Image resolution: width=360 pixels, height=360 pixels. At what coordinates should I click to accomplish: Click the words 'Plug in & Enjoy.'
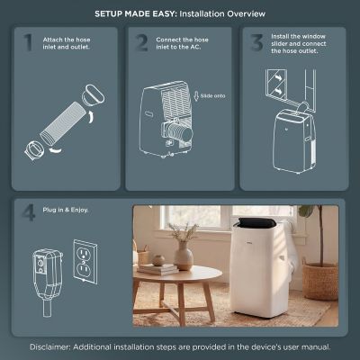pos(62,211)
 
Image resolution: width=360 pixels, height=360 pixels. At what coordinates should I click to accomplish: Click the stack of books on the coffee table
pos(157,267)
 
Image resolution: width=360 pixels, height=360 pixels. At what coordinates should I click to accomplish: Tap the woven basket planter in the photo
pos(320,280)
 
